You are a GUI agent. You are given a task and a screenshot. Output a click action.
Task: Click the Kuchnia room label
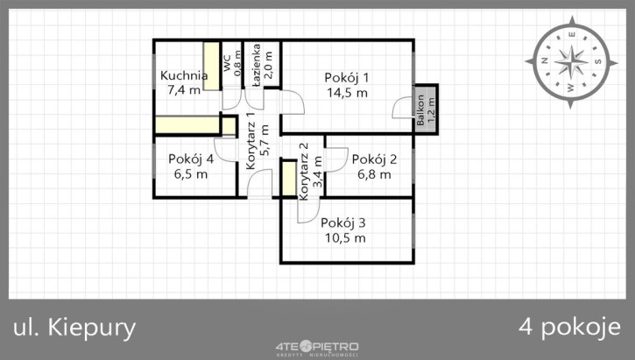pyautogui.click(x=184, y=75)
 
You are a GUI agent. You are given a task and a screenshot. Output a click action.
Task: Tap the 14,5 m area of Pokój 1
pyautogui.click(x=347, y=93)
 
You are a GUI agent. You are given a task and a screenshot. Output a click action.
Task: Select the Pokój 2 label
pyautogui.click(x=374, y=159)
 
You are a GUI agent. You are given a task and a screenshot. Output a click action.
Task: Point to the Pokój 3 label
pyautogui.click(x=343, y=222)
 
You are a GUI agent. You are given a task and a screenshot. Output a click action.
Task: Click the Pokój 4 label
pyautogui.click(x=191, y=159)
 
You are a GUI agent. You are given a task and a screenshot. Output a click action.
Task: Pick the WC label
pyautogui.click(x=227, y=63)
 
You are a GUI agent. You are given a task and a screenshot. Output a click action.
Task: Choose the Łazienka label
pyautogui.click(x=256, y=65)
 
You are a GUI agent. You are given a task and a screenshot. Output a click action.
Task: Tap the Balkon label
pyautogui.click(x=420, y=109)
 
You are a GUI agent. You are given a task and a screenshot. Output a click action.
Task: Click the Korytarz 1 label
pyautogui.click(x=250, y=140)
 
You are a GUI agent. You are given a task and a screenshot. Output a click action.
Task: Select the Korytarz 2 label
pyautogui.click(x=304, y=172)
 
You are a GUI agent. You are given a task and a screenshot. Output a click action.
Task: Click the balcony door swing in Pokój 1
pyautogui.click(x=401, y=108)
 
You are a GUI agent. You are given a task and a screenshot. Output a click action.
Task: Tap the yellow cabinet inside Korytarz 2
pyautogui.click(x=289, y=178)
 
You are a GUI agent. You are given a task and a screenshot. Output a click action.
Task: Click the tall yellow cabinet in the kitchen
pyautogui.click(x=211, y=66)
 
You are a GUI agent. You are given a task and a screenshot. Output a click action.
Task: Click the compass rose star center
pyautogui.click(x=571, y=62)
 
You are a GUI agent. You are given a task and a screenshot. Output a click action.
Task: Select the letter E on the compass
pyautogui.click(x=571, y=34)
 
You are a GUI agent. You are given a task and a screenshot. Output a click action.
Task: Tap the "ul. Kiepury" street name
pyautogui.click(x=74, y=328)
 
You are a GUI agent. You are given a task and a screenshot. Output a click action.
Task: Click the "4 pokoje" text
pyautogui.click(x=569, y=328)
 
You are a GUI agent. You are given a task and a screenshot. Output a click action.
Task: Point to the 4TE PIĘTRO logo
pyautogui.click(x=317, y=348)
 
